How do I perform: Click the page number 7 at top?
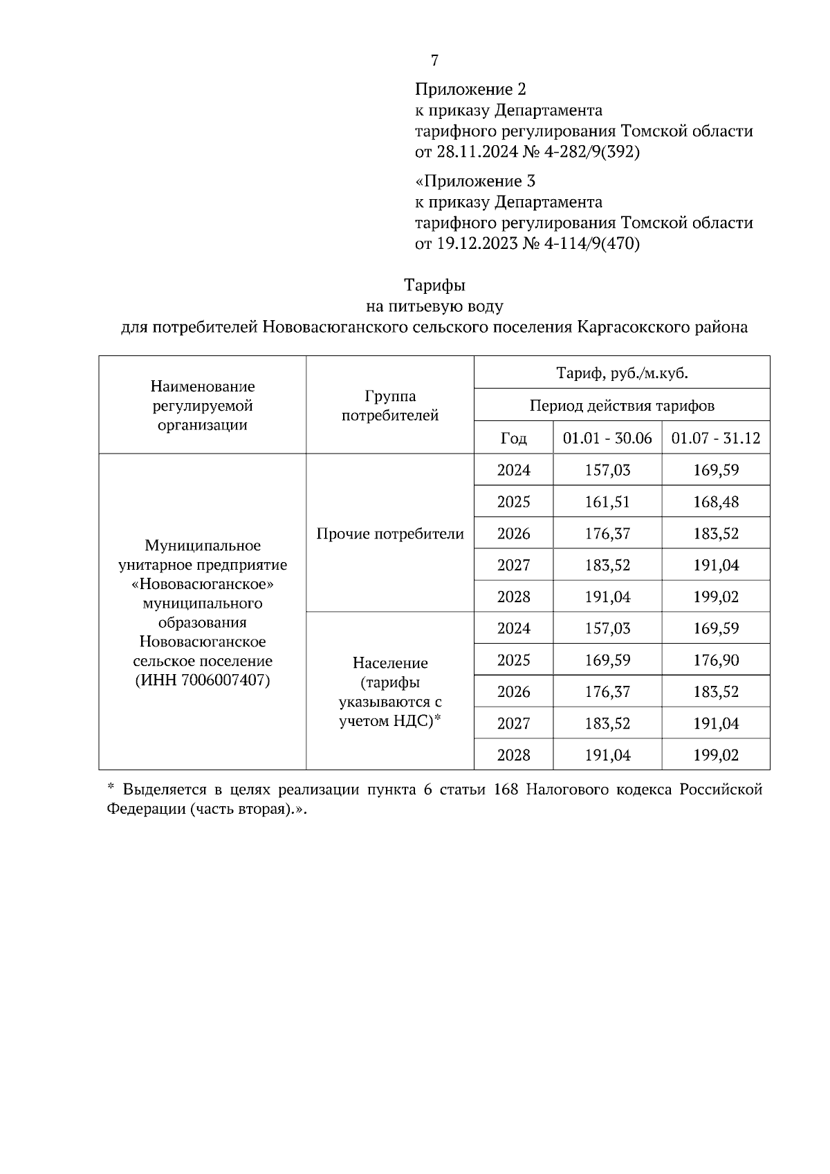point(434,61)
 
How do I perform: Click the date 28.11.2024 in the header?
point(477,152)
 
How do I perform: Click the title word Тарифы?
point(434,285)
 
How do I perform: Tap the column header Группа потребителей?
point(390,406)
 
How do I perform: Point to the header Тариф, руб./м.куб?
point(622,374)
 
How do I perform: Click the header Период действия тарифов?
point(622,406)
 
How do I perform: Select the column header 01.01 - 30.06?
point(607,438)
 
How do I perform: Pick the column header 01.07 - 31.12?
point(716,438)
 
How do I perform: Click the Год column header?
point(513,438)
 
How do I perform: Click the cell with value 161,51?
point(607,502)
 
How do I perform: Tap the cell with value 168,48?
point(716,502)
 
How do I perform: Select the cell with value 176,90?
point(716,660)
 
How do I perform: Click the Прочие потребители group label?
point(390,534)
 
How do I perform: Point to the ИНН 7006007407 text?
point(203,680)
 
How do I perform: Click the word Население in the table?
point(390,663)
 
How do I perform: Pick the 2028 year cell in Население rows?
point(513,755)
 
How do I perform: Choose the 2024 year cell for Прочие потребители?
point(513,470)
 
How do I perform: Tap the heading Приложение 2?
point(470,89)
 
